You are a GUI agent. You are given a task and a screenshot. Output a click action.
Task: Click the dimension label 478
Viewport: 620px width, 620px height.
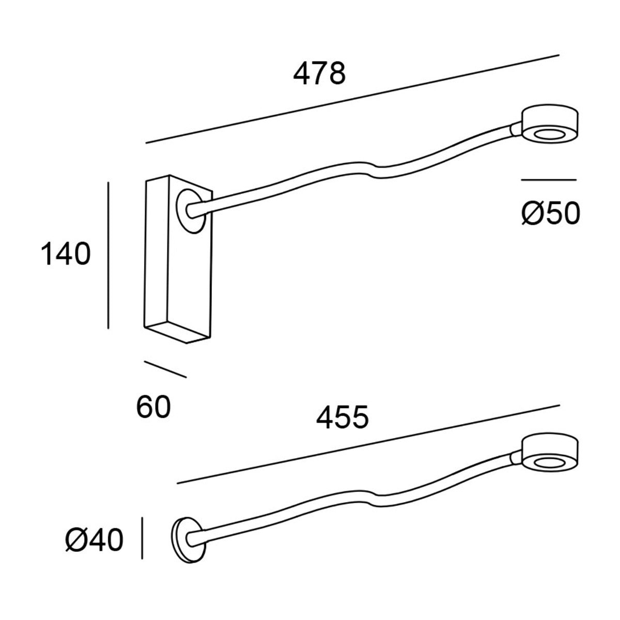(x=319, y=74)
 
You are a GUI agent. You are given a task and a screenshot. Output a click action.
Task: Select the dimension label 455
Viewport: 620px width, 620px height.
(x=342, y=417)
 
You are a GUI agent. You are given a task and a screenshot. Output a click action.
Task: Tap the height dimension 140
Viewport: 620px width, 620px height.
(x=66, y=254)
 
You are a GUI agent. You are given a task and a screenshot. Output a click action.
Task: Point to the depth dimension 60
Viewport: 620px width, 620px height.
(x=153, y=408)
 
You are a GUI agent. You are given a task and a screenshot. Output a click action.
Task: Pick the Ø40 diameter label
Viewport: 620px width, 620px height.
(x=95, y=541)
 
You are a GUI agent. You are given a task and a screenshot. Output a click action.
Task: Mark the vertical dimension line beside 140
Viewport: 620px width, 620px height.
(x=109, y=255)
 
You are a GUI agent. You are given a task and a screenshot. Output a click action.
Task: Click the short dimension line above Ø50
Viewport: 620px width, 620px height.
(x=548, y=180)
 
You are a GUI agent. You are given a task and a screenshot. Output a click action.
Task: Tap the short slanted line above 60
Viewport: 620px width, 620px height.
(x=165, y=369)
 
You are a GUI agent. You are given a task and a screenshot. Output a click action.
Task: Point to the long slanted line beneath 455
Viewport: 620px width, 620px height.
(x=368, y=444)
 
